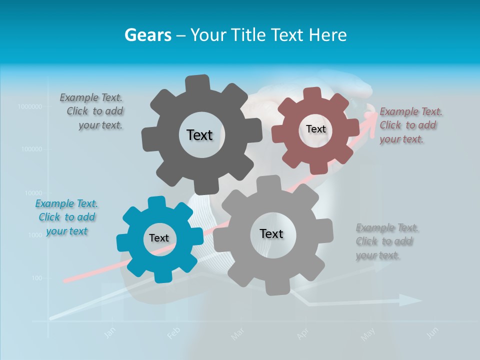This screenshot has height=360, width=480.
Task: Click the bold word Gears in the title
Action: tap(148, 35)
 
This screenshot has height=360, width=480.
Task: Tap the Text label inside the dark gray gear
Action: tap(199, 135)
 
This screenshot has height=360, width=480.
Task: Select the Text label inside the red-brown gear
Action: tap(315, 129)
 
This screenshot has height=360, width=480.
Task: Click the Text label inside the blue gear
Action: tap(159, 238)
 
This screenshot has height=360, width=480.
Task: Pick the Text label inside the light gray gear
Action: tap(271, 233)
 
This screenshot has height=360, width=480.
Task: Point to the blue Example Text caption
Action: tap(66, 217)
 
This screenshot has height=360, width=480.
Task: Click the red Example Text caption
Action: tap(411, 125)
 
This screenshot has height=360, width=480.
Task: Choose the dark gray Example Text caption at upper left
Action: tap(92, 111)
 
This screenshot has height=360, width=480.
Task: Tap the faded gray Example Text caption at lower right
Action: tap(387, 241)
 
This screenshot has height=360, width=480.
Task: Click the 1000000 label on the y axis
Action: tap(30, 106)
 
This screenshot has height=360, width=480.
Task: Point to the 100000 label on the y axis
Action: tap(31, 149)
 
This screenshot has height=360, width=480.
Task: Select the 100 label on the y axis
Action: tap(37, 278)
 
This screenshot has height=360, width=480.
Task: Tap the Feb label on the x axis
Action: tap(172, 333)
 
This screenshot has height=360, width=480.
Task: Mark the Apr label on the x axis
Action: tap(302, 334)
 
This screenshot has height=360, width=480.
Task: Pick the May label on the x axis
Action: tap(367, 334)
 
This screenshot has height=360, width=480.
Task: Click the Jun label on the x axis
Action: tap(433, 332)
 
